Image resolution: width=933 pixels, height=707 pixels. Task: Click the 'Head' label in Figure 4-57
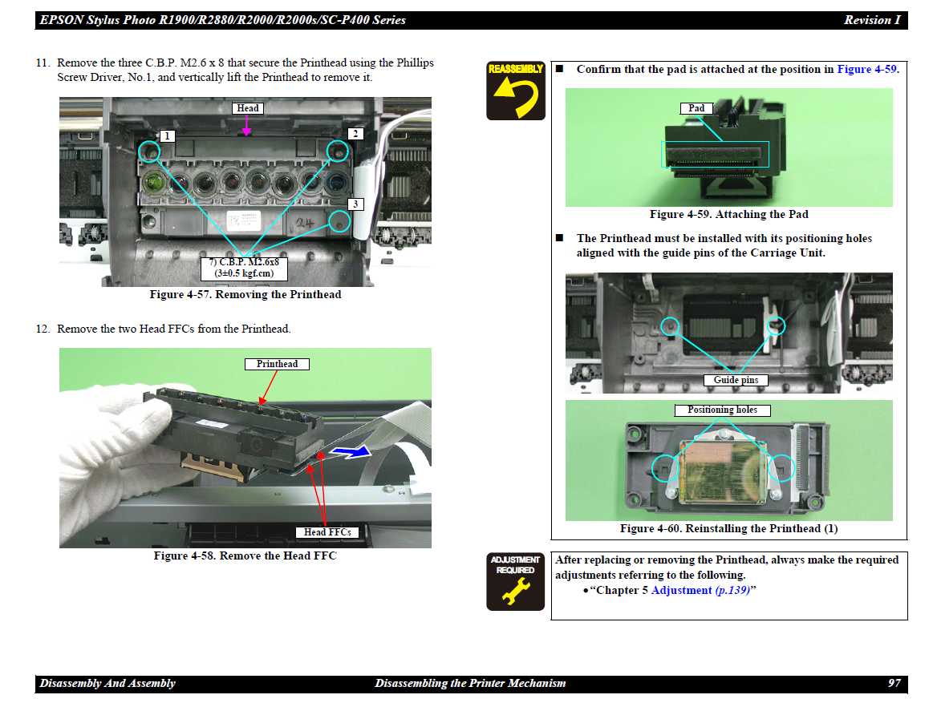(x=248, y=108)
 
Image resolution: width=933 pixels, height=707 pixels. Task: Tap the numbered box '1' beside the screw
(x=167, y=136)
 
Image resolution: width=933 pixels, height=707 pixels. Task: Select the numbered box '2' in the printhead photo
(x=355, y=134)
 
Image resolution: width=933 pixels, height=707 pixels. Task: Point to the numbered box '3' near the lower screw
(x=355, y=204)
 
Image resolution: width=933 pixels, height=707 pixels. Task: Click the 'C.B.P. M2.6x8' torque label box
(x=244, y=269)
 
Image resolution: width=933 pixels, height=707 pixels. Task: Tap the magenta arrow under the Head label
(x=246, y=125)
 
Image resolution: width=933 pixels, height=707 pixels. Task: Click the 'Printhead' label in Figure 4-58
(x=277, y=364)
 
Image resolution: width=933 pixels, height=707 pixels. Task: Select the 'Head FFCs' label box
(x=327, y=532)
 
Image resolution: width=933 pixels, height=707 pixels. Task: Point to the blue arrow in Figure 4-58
(x=351, y=453)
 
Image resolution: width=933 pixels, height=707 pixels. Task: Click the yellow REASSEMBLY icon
(x=515, y=91)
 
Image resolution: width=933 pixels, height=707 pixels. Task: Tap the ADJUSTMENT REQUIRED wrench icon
(x=515, y=581)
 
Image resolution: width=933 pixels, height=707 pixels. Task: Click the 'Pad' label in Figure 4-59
(x=696, y=108)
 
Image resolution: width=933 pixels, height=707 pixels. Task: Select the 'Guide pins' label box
(x=736, y=380)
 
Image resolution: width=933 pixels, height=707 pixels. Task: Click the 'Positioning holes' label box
(x=722, y=410)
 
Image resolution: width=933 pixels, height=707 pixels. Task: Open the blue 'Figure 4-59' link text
(x=866, y=69)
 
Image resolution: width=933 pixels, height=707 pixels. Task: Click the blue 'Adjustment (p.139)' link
(x=700, y=590)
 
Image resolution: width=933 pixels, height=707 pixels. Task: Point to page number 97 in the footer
(x=894, y=683)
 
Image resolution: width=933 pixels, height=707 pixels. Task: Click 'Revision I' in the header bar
(x=872, y=19)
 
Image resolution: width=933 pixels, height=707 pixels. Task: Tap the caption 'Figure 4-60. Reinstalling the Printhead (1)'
(x=729, y=528)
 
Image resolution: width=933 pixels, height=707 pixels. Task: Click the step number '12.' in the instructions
(x=43, y=329)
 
